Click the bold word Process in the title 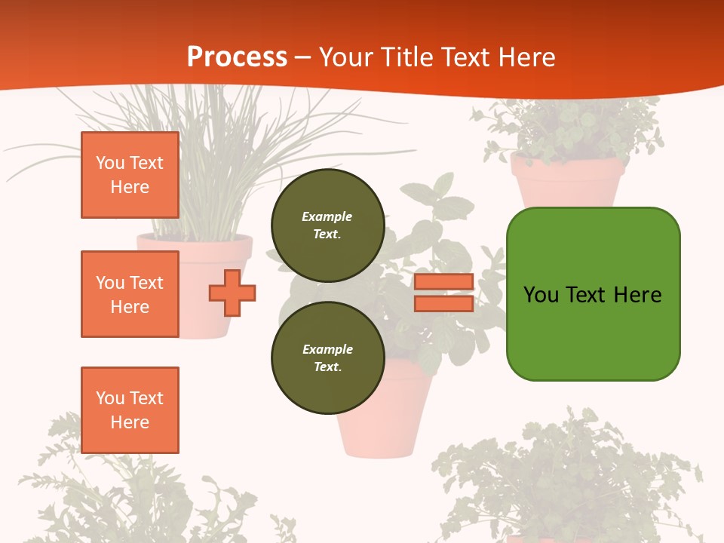237,57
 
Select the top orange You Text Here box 130,175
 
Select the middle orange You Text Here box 130,294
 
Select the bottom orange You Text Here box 130,410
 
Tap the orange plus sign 232,293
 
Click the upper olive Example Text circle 327,225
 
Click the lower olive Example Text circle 327,357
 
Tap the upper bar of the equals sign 444,282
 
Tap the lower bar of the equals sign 444,303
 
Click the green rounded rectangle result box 593,332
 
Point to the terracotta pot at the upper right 567,182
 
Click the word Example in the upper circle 327,216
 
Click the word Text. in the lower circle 327,367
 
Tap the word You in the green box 541,294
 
